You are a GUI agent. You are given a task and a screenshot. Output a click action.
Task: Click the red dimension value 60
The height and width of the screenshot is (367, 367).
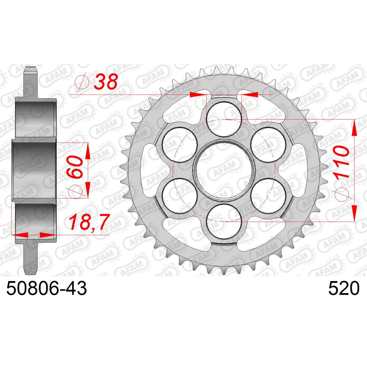(75, 167)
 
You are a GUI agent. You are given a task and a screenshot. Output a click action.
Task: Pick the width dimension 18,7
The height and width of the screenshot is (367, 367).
(89, 222)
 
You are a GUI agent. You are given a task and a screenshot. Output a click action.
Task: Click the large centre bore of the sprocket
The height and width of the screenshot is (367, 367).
(224, 170)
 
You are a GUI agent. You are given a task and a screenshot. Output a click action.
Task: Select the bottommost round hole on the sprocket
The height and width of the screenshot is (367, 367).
(224, 221)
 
